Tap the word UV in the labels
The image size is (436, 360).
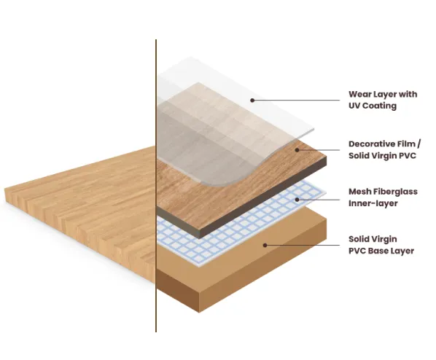point(354,106)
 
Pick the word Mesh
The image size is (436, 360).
point(359,192)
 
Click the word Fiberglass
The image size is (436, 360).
point(395,192)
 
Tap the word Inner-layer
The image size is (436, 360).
point(373,203)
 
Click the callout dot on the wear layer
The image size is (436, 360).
point(252,100)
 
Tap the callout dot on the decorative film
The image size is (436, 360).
point(297,150)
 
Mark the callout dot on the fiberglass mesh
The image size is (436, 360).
point(297,200)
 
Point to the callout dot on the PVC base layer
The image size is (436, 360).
point(265,245)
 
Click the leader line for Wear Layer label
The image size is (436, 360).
point(296,100)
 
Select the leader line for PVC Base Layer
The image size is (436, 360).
point(303,245)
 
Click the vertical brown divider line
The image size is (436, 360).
point(156,186)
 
